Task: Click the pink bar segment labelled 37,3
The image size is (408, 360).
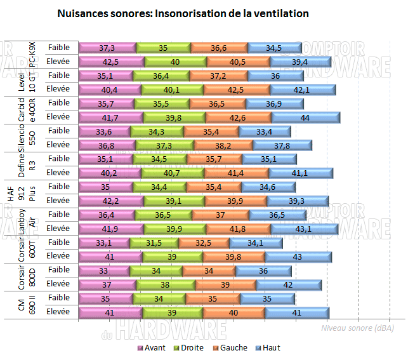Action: coord(107,48)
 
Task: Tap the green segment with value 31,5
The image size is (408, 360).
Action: coord(149,243)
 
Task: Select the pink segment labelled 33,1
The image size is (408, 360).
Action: coord(105,243)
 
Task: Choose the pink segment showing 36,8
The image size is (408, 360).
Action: coord(105,145)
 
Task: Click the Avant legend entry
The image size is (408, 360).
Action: coord(151,347)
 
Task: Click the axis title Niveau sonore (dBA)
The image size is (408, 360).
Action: coord(357,328)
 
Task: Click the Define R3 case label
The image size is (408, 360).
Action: coord(25,165)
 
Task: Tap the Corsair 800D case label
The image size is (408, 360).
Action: coord(25,277)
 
